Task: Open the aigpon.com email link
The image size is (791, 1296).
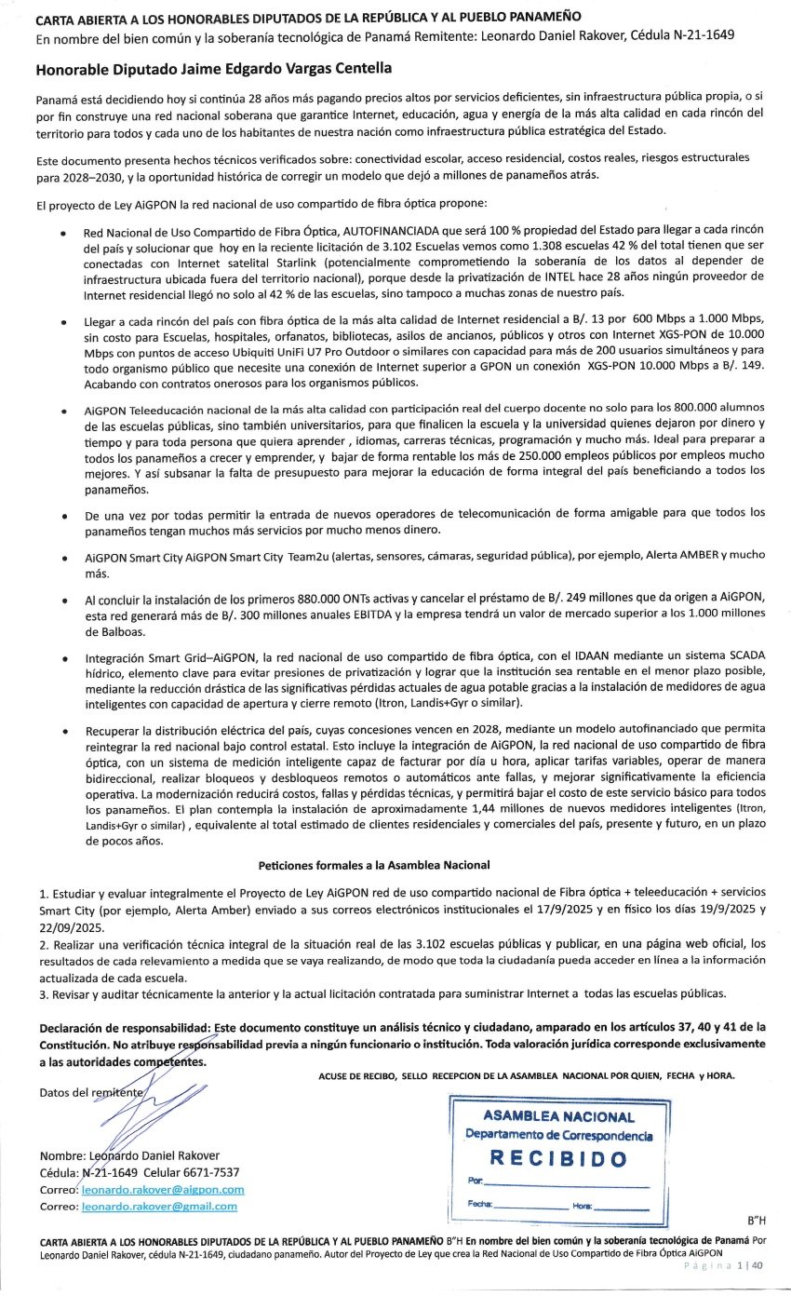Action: [163, 1190]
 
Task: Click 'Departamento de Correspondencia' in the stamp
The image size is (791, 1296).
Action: [558, 1135]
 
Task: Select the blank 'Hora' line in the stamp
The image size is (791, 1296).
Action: [621, 1206]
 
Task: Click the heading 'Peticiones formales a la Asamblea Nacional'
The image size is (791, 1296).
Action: [374, 865]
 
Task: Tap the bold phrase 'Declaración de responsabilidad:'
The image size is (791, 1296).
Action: [125, 1027]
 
